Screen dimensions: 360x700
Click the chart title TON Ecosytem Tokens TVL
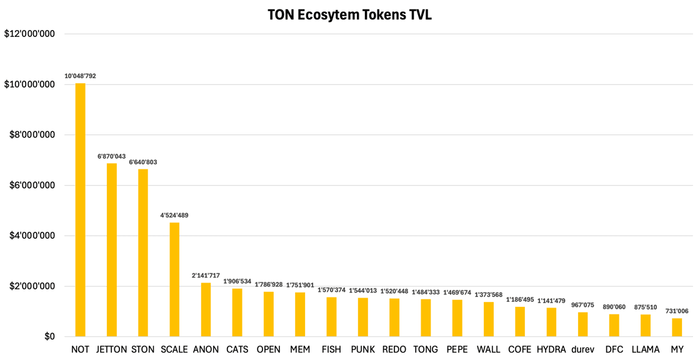349,15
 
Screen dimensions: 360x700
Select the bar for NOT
80,210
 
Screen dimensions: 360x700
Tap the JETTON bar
111,250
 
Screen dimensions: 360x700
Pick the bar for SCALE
174,279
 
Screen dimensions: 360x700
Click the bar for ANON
206,310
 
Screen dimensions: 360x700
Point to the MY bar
677,327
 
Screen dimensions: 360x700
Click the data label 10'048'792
80,76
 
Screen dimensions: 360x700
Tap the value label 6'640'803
143,162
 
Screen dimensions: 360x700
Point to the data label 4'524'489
174,216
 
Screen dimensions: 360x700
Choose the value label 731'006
677,311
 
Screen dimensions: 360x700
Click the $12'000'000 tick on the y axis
29,34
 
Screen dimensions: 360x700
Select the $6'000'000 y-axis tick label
29,186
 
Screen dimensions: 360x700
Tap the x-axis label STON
143,349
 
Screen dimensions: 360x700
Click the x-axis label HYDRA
551,349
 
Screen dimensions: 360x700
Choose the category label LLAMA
646,349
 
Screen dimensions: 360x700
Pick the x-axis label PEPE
457,349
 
